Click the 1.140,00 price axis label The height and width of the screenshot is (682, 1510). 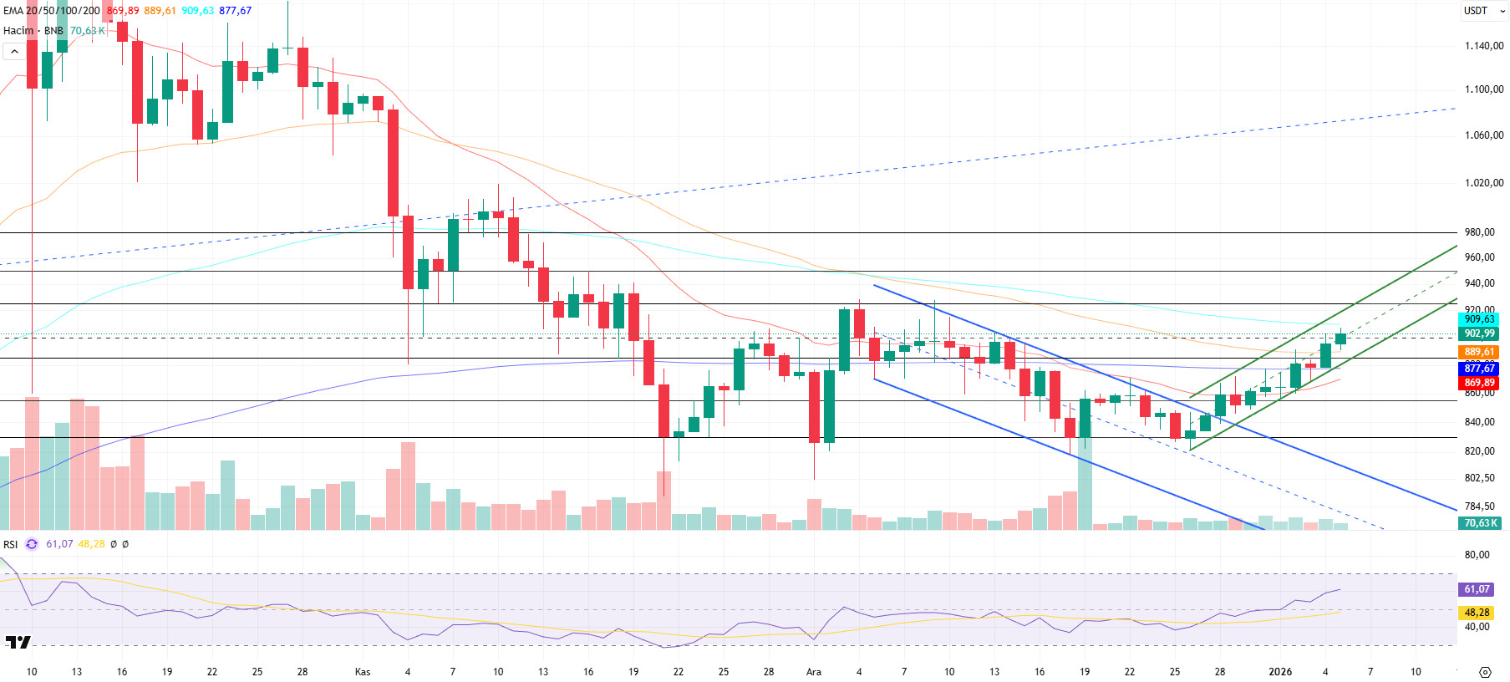(1483, 46)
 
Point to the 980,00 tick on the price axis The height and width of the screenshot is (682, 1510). (1479, 232)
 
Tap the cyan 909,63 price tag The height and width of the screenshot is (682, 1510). (1479, 319)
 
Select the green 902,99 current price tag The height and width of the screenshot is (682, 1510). (1479, 333)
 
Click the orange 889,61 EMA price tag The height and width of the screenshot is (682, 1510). (1479, 352)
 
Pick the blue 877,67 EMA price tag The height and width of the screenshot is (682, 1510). (1479, 369)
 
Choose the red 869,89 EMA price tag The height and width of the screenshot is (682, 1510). (1479, 383)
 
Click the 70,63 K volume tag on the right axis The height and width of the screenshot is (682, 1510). (1479, 523)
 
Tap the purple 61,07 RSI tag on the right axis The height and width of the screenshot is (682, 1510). (1477, 589)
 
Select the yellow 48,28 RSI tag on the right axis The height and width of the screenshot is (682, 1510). (1477, 613)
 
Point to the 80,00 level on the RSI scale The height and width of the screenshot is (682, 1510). (1477, 555)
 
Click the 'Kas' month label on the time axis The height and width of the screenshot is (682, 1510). (363, 672)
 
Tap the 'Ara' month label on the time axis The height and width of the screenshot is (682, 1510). (813, 672)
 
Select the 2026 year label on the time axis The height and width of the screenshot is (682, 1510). (1279, 672)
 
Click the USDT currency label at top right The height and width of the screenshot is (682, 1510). (1475, 11)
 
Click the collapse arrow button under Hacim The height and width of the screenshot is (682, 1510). (14, 52)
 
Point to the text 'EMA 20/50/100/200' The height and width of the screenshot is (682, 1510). (52, 11)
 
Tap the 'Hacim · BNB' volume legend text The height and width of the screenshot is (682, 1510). (33, 31)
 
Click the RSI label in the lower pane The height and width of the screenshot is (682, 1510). (10, 544)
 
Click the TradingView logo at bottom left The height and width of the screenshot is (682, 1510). (18, 642)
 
